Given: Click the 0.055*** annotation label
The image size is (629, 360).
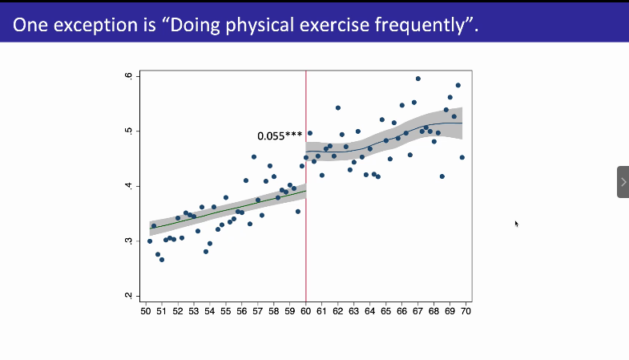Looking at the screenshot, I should [280, 136].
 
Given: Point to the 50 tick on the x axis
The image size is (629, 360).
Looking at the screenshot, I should [146, 310].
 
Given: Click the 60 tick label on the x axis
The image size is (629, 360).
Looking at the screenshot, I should [305, 310].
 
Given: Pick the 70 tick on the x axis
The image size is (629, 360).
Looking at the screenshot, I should [466, 310].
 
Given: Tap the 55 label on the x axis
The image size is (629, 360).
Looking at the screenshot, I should [226, 310].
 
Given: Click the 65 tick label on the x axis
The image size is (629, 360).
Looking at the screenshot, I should [385, 310].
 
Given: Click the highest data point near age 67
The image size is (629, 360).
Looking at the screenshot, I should [418, 79].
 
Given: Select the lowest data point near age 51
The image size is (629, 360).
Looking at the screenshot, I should [162, 260].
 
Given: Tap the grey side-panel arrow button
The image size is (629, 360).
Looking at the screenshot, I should [623, 182].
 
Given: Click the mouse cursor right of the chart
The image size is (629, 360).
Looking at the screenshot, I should [516, 224].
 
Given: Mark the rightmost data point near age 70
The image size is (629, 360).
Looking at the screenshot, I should [462, 157].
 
